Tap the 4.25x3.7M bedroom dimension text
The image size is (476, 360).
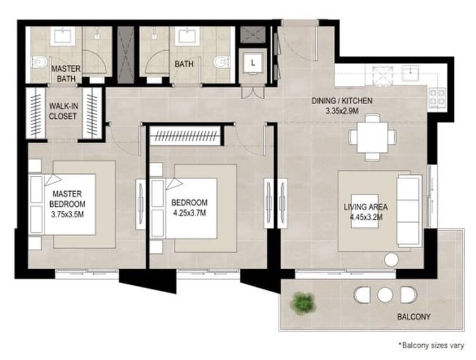190,213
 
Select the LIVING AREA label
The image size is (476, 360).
366,207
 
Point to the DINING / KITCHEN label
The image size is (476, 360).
341,101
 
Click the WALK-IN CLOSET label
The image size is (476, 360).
63,112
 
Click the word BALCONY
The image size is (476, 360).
414,317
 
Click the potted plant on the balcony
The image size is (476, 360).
303,302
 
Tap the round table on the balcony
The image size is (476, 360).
385,295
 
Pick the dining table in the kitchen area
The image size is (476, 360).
373,136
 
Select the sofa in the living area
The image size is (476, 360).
408,209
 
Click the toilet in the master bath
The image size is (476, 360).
39,63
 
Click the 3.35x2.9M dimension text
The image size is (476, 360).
341,110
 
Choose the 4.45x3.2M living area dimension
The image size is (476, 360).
366,217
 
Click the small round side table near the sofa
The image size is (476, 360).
392,259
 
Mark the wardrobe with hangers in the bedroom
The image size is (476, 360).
186,136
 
